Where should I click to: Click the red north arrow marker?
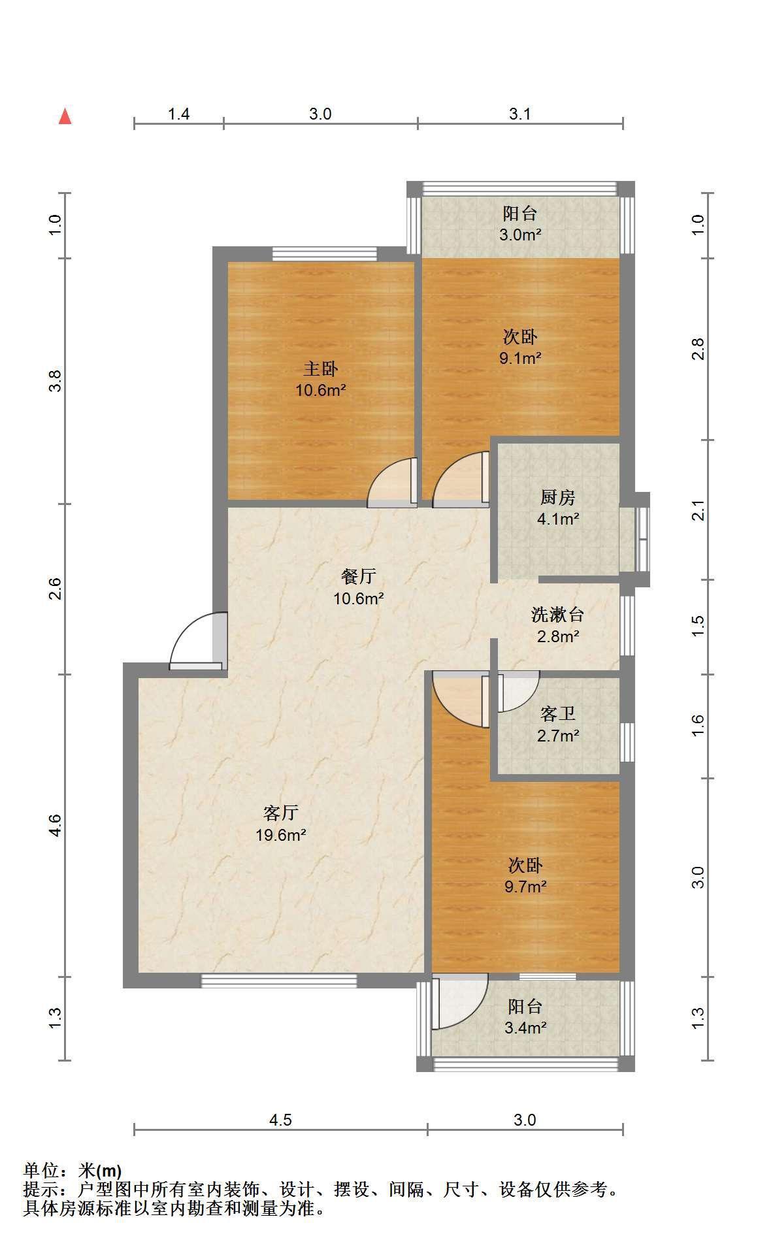coord(65,116)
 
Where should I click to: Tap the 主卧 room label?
coord(320,369)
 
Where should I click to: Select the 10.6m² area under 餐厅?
coord(359,598)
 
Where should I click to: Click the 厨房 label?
coord(557,498)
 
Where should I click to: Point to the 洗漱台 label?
coord(557,615)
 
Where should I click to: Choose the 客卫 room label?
coord(558,714)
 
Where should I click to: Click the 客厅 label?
coord(281,813)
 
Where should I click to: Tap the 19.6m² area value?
coord(281,834)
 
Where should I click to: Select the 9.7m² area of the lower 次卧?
coord(525,887)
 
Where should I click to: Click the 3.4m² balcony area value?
coord(525,1028)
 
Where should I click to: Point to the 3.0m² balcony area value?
coord(520,235)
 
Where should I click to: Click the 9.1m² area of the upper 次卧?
coord(520,357)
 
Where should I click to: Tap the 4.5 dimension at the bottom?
coord(280,1120)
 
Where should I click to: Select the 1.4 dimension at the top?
coord(178,114)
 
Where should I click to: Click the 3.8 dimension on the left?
coord(56,380)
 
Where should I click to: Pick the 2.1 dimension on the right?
coord(699,510)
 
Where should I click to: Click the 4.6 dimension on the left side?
coord(56,825)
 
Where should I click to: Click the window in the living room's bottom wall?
coord(279,981)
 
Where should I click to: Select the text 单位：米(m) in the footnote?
coord(72,1171)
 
